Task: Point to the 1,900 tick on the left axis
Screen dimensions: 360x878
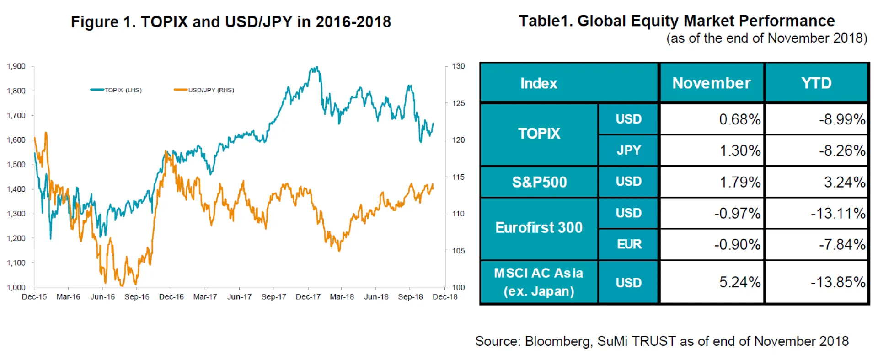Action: click(x=16, y=66)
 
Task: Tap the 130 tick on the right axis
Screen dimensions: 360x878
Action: click(x=458, y=66)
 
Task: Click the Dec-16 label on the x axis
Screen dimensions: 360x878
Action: click(x=171, y=297)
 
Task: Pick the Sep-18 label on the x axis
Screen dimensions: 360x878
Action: click(x=410, y=297)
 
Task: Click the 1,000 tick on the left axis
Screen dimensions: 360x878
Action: click(x=16, y=287)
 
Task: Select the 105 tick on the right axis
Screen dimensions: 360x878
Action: click(x=458, y=251)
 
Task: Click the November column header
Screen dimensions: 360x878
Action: click(x=711, y=83)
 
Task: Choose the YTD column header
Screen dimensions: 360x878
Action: click(x=816, y=83)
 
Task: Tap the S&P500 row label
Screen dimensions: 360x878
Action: click(x=539, y=182)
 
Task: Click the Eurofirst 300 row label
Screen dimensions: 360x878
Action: click(x=539, y=227)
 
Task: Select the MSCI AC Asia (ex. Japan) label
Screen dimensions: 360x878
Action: click(x=539, y=282)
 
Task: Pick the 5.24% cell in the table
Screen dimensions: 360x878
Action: click(x=739, y=282)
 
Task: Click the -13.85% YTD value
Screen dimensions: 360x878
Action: click(x=838, y=282)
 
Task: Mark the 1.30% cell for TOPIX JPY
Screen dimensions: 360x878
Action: click(x=740, y=150)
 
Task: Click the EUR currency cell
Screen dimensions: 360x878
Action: click(x=629, y=244)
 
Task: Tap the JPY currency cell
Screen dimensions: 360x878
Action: click(x=629, y=150)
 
